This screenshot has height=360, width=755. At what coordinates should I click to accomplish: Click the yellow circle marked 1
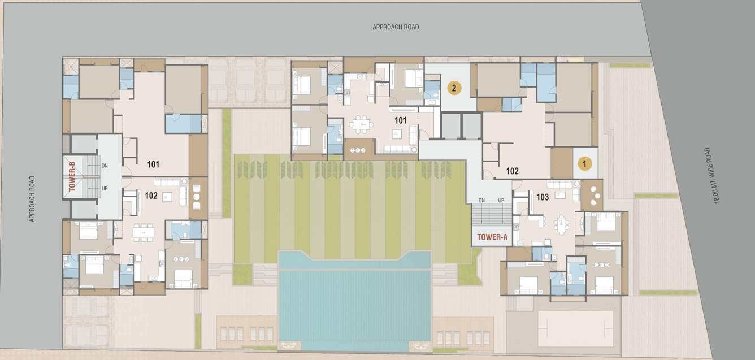point(585,164)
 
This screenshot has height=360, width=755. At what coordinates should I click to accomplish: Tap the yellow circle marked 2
point(454,88)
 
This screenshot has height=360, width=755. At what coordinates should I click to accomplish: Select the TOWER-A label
point(492,237)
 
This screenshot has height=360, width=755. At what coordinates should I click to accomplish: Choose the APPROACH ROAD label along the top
point(396,27)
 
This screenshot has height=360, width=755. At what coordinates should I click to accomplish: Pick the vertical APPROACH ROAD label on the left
point(32,198)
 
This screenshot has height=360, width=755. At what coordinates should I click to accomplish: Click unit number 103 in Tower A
point(543,197)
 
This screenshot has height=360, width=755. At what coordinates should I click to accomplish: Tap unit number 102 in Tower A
point(512,171)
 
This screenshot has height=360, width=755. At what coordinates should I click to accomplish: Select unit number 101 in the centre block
point(401,120)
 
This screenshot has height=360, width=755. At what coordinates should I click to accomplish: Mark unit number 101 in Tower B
point(153,164)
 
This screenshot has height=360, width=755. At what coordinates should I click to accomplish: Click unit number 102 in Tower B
point(151,196)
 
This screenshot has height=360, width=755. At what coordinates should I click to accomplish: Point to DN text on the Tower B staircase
point(105,166)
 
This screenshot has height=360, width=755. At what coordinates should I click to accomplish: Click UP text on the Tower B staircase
point(105,188)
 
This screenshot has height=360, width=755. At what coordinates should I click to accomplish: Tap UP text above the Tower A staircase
point(501,201)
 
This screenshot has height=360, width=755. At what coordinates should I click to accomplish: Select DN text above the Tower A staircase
point(481,201)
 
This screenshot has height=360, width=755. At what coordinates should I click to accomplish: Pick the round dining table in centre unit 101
point(361,123)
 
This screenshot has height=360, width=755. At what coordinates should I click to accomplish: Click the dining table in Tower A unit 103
point(562,224)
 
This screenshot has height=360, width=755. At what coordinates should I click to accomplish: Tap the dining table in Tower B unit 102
point(143,232)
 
